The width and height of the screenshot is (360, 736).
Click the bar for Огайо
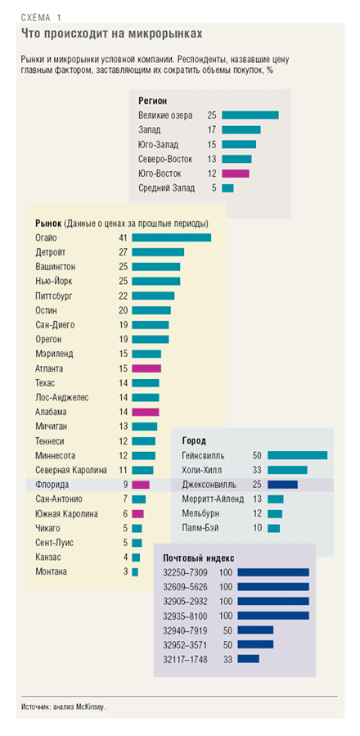pyautogui.click(x=171, y=238)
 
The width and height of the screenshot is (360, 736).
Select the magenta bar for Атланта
pyautogui.click(x=146, y=369)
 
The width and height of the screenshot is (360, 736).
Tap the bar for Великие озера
pyautogui.click(x=250, y=115)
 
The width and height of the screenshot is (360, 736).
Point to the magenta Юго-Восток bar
pyautogui.click(x=236, y=174)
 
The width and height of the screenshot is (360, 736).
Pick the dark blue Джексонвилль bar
pyautogui.click(x=282, y=485)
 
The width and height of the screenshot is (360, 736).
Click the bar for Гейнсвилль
pyautogui.click(x=298, y=455)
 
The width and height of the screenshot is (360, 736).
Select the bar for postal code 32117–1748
pyautogui.click(x=248, y=659)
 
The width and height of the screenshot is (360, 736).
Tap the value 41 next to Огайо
pyautogui.click(x=124, y=238)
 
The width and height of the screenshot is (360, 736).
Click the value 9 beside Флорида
pyautogui.click(x=125, y=485)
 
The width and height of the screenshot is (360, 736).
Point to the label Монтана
pyautogui.click(x=52, y=571)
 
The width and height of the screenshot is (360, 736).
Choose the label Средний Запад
pyautogui.click(x=167, y=188)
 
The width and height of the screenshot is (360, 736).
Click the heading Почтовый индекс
pyautogui.click(x=199, y=558)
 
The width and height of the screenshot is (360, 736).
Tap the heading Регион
pyautogui.click(x=153, y=101)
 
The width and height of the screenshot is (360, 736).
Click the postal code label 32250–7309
pyautogui.click(x=186, y=572)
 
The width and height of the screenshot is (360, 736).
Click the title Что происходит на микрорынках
pyautogui.click(x=112, y=34)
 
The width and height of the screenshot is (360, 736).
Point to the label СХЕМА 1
pyautogui.click(x=41, y=18)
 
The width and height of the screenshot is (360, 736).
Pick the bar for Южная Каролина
pyautogui.click(x=138, y=513)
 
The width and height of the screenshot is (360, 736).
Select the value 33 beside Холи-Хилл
pyautogui.click(x=257, y=470)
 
